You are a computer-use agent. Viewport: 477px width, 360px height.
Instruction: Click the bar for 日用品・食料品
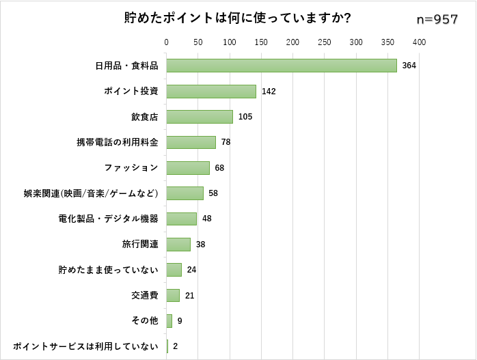(282, 66)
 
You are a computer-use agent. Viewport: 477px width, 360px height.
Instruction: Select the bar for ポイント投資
(211, 91)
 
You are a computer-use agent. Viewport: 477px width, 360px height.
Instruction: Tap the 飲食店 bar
(200, 117)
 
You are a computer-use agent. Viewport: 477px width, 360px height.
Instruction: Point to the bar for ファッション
(188, 168)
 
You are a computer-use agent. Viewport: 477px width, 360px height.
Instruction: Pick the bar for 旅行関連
(178, 245)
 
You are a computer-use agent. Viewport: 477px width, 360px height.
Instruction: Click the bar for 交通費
(173, 295)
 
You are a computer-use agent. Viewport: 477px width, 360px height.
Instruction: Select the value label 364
(409, 66)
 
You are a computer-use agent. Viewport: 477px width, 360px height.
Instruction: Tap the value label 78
(226, 142)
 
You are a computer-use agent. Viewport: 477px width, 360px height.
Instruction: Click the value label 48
(207, 219)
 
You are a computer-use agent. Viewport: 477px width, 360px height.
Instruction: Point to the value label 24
(191, 270)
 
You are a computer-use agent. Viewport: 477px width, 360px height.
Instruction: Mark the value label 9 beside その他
(179, 321)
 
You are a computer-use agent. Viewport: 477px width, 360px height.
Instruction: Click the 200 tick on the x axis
(293, 42)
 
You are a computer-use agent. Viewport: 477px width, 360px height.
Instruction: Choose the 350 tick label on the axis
(387, 42)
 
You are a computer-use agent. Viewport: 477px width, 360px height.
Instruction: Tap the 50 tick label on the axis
(198, 42)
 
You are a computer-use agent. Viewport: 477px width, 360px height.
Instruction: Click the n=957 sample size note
(437, 20)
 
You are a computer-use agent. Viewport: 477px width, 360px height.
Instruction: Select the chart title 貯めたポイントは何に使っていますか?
(238, 18)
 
